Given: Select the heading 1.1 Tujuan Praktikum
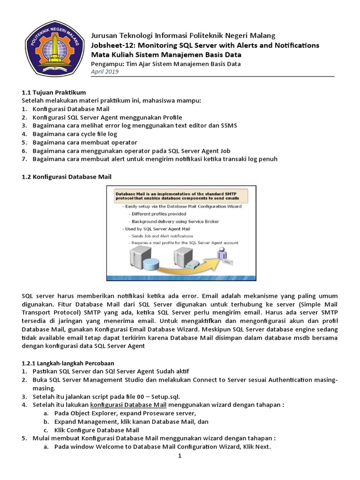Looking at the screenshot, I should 54,92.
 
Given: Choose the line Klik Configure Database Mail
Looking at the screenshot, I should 97,430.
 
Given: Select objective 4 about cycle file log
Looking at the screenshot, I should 75,134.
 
